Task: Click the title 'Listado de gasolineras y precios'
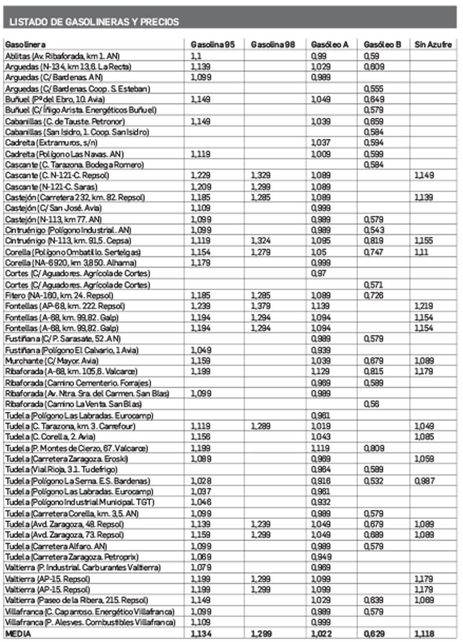(94, 22)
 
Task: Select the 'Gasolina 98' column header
(273, 44)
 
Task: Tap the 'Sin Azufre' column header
(433, 44)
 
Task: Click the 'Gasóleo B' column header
(382, 44)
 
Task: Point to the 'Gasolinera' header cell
(25, 44)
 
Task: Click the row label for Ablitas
(62, 56)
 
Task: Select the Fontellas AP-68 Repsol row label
(65, 306)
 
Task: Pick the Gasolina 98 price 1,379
(260, 306)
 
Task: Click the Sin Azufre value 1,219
(424, 306)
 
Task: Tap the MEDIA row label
(18, 634)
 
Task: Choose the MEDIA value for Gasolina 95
(201, 634)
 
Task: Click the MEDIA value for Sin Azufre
(424, 634)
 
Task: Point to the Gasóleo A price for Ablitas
(319, 56)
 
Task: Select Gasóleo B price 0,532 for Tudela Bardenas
(374, 480)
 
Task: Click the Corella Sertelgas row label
(73, 252)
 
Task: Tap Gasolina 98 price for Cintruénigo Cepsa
(260, 241)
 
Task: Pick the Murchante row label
(52, 361)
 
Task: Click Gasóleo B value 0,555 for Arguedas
(374, 88)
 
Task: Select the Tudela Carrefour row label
(70, 426)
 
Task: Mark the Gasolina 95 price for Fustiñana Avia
(201, 350)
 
